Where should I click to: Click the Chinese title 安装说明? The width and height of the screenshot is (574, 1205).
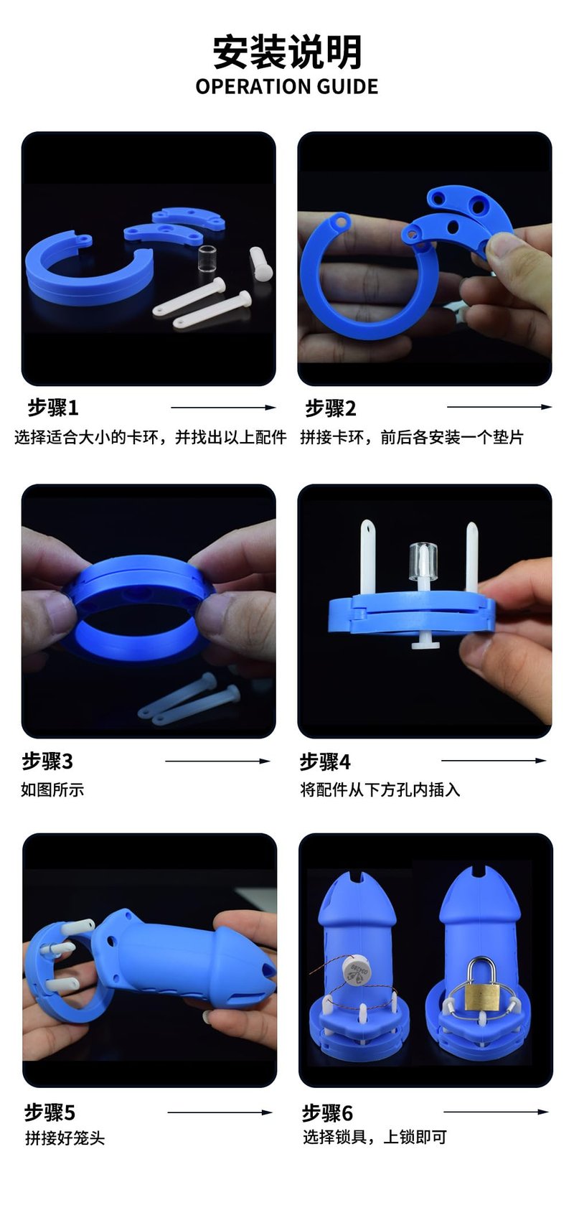pyautogui.click(x=287, y=52)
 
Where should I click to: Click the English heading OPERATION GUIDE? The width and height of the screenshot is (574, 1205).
pyautogui.click(x=287, y=87)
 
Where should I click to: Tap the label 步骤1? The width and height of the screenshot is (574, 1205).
pyautogui.click(x=53, y=408)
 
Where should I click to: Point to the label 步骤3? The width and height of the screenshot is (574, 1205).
pyautogui.click(x=47, y=761)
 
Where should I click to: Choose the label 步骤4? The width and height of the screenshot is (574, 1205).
pyautogui.click(x=325, y=761)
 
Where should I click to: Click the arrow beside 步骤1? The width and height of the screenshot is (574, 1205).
pyautogui.click(x=223, y=408)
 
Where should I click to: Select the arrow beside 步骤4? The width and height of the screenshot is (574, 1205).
pyautogui.click(x=494, y=761)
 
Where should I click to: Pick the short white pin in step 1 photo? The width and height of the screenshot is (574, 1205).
pyautogui.click(x=260, y=263)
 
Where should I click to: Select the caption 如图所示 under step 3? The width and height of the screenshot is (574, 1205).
pyautogui.click(x=52, y=789)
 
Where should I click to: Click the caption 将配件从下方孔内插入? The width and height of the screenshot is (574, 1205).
pyautogui.click(x=380, y=789)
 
